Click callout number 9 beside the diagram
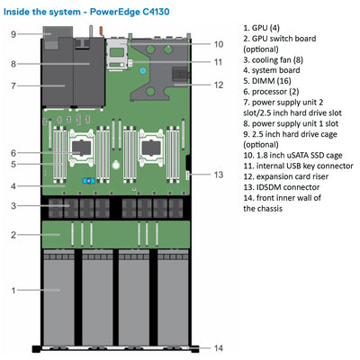coord(13,33)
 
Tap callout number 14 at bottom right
coord(220,347)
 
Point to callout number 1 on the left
coord(13,290)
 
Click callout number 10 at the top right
coord(219,43)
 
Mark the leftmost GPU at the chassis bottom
coord(58,297)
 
